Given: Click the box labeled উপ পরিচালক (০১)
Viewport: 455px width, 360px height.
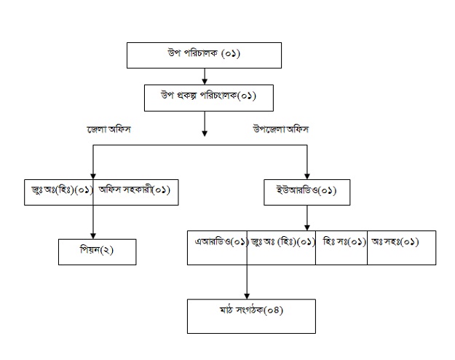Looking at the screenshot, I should (204, 55).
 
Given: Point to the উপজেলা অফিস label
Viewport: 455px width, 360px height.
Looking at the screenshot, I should (280, 129).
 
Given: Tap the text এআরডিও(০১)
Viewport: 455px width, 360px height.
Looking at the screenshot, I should (221, 240).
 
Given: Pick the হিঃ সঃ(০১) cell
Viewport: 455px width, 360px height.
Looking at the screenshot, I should (342, 240).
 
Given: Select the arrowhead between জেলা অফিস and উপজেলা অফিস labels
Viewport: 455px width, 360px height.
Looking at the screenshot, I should (205, 133).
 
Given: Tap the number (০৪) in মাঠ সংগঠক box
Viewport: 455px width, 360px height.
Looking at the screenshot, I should (272, 310).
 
